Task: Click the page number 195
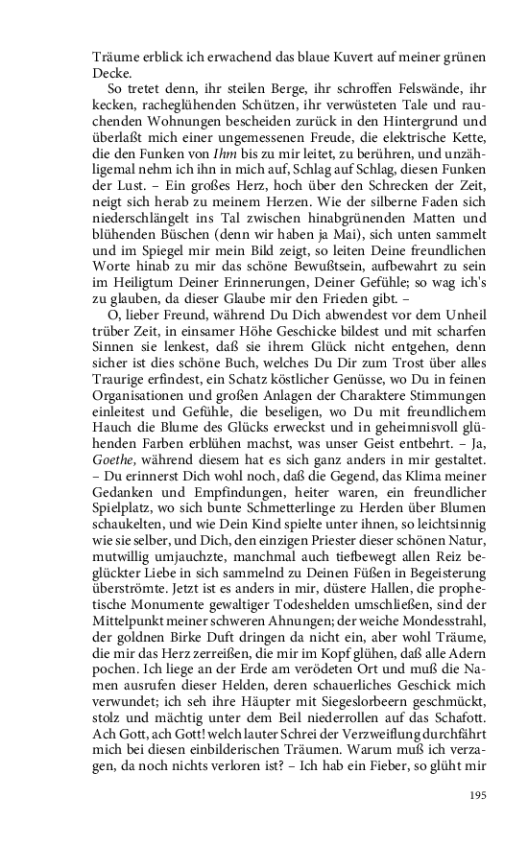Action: click(479, 795)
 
